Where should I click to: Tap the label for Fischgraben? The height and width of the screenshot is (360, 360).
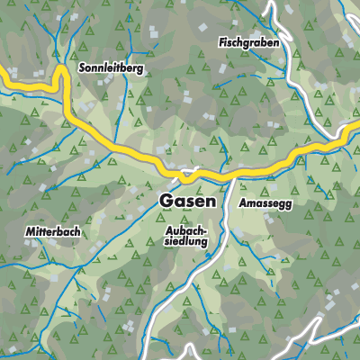(248, 43)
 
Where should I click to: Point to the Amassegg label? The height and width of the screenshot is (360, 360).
(266, 204)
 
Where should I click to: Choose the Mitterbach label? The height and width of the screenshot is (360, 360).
(53, 231)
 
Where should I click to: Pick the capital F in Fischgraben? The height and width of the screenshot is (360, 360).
(221, 42)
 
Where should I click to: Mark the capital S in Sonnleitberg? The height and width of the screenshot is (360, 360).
(83, 67)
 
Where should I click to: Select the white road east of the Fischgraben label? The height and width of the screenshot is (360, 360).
(290, 54)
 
